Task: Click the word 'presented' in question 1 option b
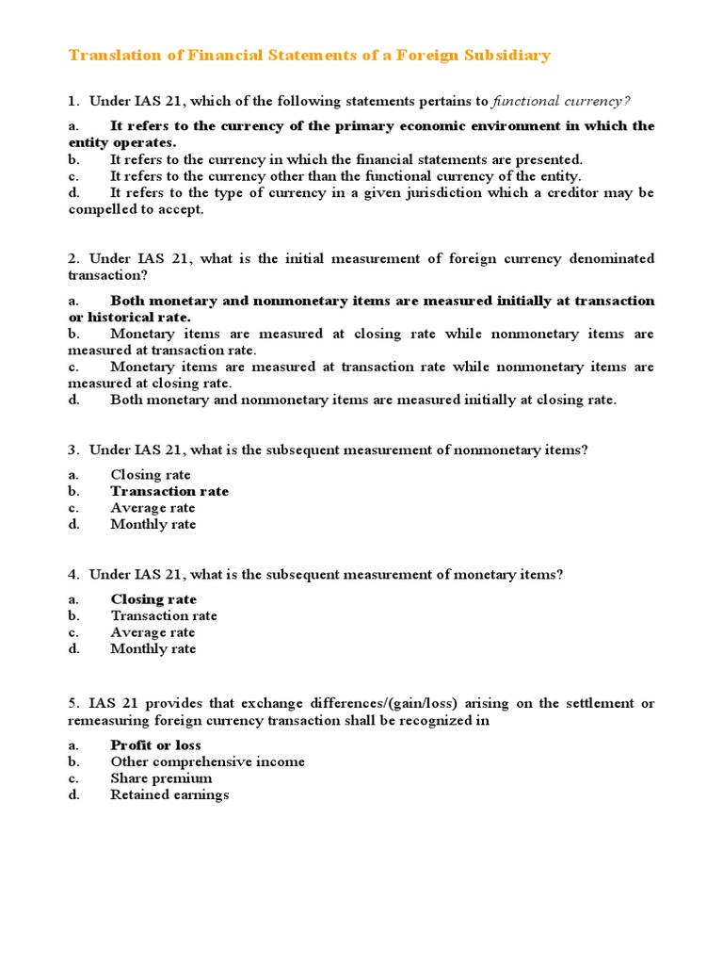click(x=550, y=160)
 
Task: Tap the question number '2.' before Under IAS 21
click(x=73, y=258)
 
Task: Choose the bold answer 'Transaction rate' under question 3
click(x=169, y=491)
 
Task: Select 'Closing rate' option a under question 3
click(x=151, y=475)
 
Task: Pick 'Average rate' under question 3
click(x=153, y=508)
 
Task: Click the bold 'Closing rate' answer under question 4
click(x=153, y=599)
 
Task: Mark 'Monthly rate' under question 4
click(x=153, y=648)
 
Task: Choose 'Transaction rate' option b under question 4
click(x=164, y=615)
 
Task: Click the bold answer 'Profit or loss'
click(x=156, y=745)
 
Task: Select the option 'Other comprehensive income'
click(x=207, y=761)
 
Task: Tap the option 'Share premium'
click(x=161, y=778)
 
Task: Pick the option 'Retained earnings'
click(x=169, y=794)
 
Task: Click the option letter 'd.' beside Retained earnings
click(x=74, y=794)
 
